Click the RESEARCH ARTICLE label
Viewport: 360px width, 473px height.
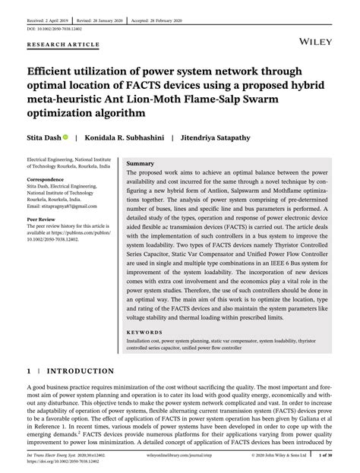pyautogui.click(x=64, y=45)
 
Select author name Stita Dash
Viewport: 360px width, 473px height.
pyautogui.click(x=47, y=137)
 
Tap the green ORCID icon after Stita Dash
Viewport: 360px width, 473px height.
pyautogui.click(x=77, y=137)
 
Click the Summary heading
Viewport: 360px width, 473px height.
pyautogui.click(x=141, y=164)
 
